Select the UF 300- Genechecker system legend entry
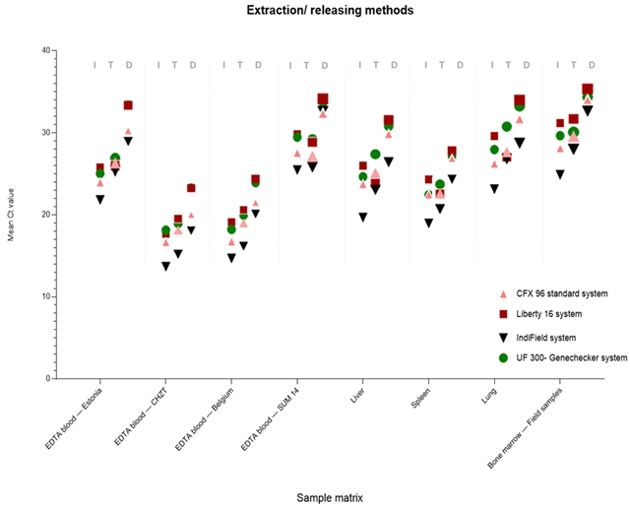coord(572,357)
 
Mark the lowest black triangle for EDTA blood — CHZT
coord(165,266)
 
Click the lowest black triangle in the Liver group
coord(362,217)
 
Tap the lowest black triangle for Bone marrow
coord(559,174)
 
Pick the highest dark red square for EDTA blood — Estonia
coord(128,105)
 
